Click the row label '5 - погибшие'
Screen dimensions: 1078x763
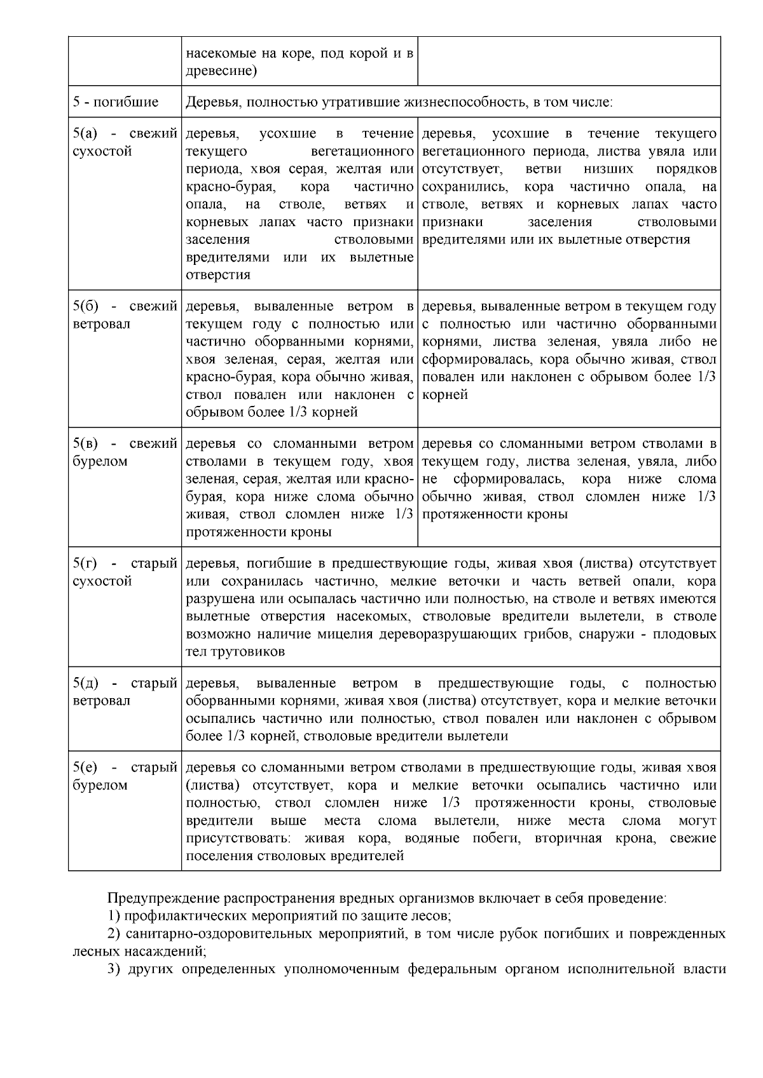[116, 102]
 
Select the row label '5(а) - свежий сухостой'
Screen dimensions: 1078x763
[125, 143]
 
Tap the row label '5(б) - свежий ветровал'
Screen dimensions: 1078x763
[125, 315]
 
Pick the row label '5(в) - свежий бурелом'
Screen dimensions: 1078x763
[125, 452]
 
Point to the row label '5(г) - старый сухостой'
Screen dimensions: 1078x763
[125, 572]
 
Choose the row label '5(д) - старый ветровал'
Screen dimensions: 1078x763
[125, 692]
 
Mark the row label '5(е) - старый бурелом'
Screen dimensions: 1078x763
[125, 776]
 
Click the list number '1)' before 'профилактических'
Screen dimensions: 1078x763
[114, 917]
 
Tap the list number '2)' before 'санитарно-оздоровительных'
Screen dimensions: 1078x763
[114, 934]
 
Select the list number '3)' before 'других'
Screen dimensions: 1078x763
[114, 969]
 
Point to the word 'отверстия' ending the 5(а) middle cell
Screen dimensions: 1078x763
[218, 275]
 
